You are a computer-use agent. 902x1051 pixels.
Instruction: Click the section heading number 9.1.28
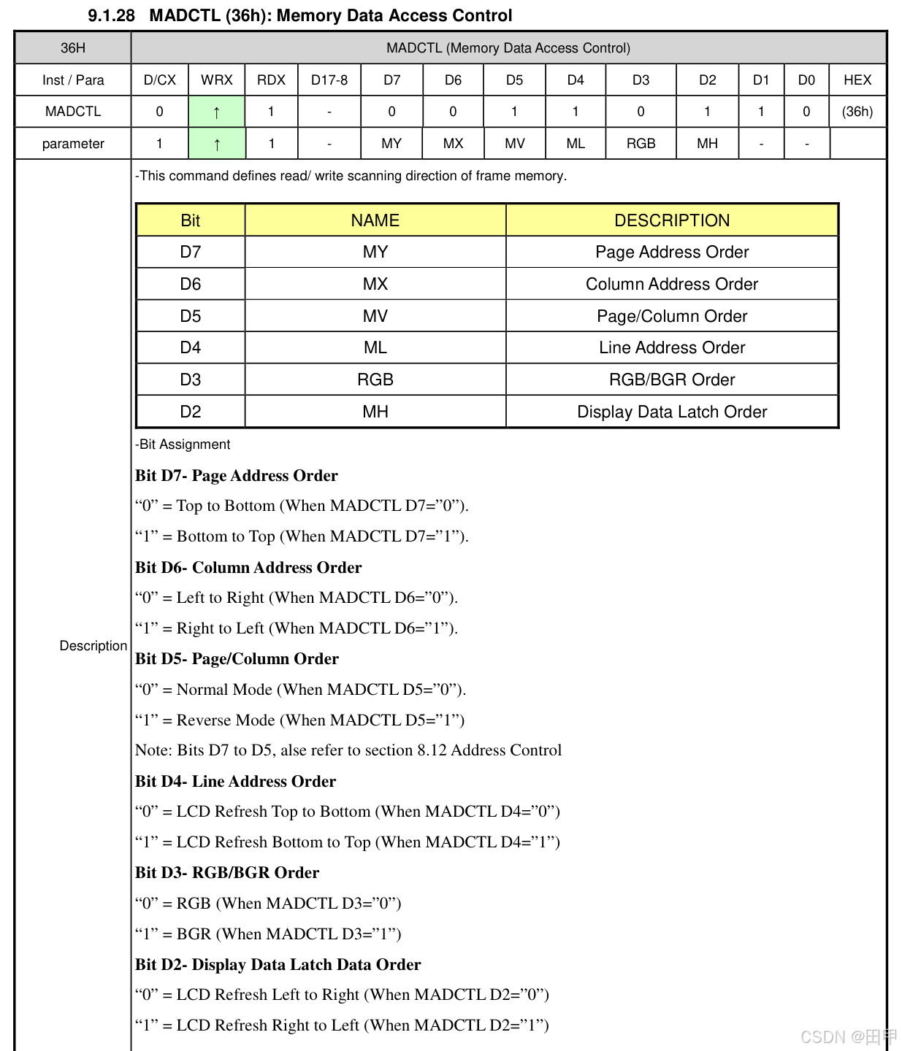point(111,15)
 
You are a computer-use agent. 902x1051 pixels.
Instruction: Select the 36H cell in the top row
point(73,48)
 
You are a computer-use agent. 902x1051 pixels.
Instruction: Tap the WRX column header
point(217,80)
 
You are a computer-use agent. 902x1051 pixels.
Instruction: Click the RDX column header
point(271,80)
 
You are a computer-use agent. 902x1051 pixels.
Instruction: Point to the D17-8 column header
point(329,80)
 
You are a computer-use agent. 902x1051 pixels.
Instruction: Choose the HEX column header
point(857,80)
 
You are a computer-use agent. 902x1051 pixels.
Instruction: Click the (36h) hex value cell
point(857,112)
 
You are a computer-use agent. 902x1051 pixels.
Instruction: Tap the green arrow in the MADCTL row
point(217,112)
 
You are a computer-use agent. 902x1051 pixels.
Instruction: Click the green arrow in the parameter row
point(217,145)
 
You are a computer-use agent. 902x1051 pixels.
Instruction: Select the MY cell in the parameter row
point(391,144)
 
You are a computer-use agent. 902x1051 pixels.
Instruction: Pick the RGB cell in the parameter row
point(641,144)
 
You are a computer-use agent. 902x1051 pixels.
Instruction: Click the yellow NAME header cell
point(375,220)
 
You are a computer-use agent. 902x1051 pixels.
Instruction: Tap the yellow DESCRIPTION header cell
point(672,220)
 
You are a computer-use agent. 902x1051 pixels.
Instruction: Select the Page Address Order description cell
point(672,252)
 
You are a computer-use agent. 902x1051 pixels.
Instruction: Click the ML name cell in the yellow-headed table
point(375,347)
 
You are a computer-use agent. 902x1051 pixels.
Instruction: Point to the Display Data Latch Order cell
point(672,412)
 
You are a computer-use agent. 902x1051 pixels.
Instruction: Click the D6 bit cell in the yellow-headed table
point(191,284)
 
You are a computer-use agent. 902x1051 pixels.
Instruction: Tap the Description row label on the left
point(93,646)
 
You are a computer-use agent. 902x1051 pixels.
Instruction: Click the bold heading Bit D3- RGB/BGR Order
point(227,873)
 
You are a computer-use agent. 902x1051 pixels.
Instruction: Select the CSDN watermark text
point(847,1037)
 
